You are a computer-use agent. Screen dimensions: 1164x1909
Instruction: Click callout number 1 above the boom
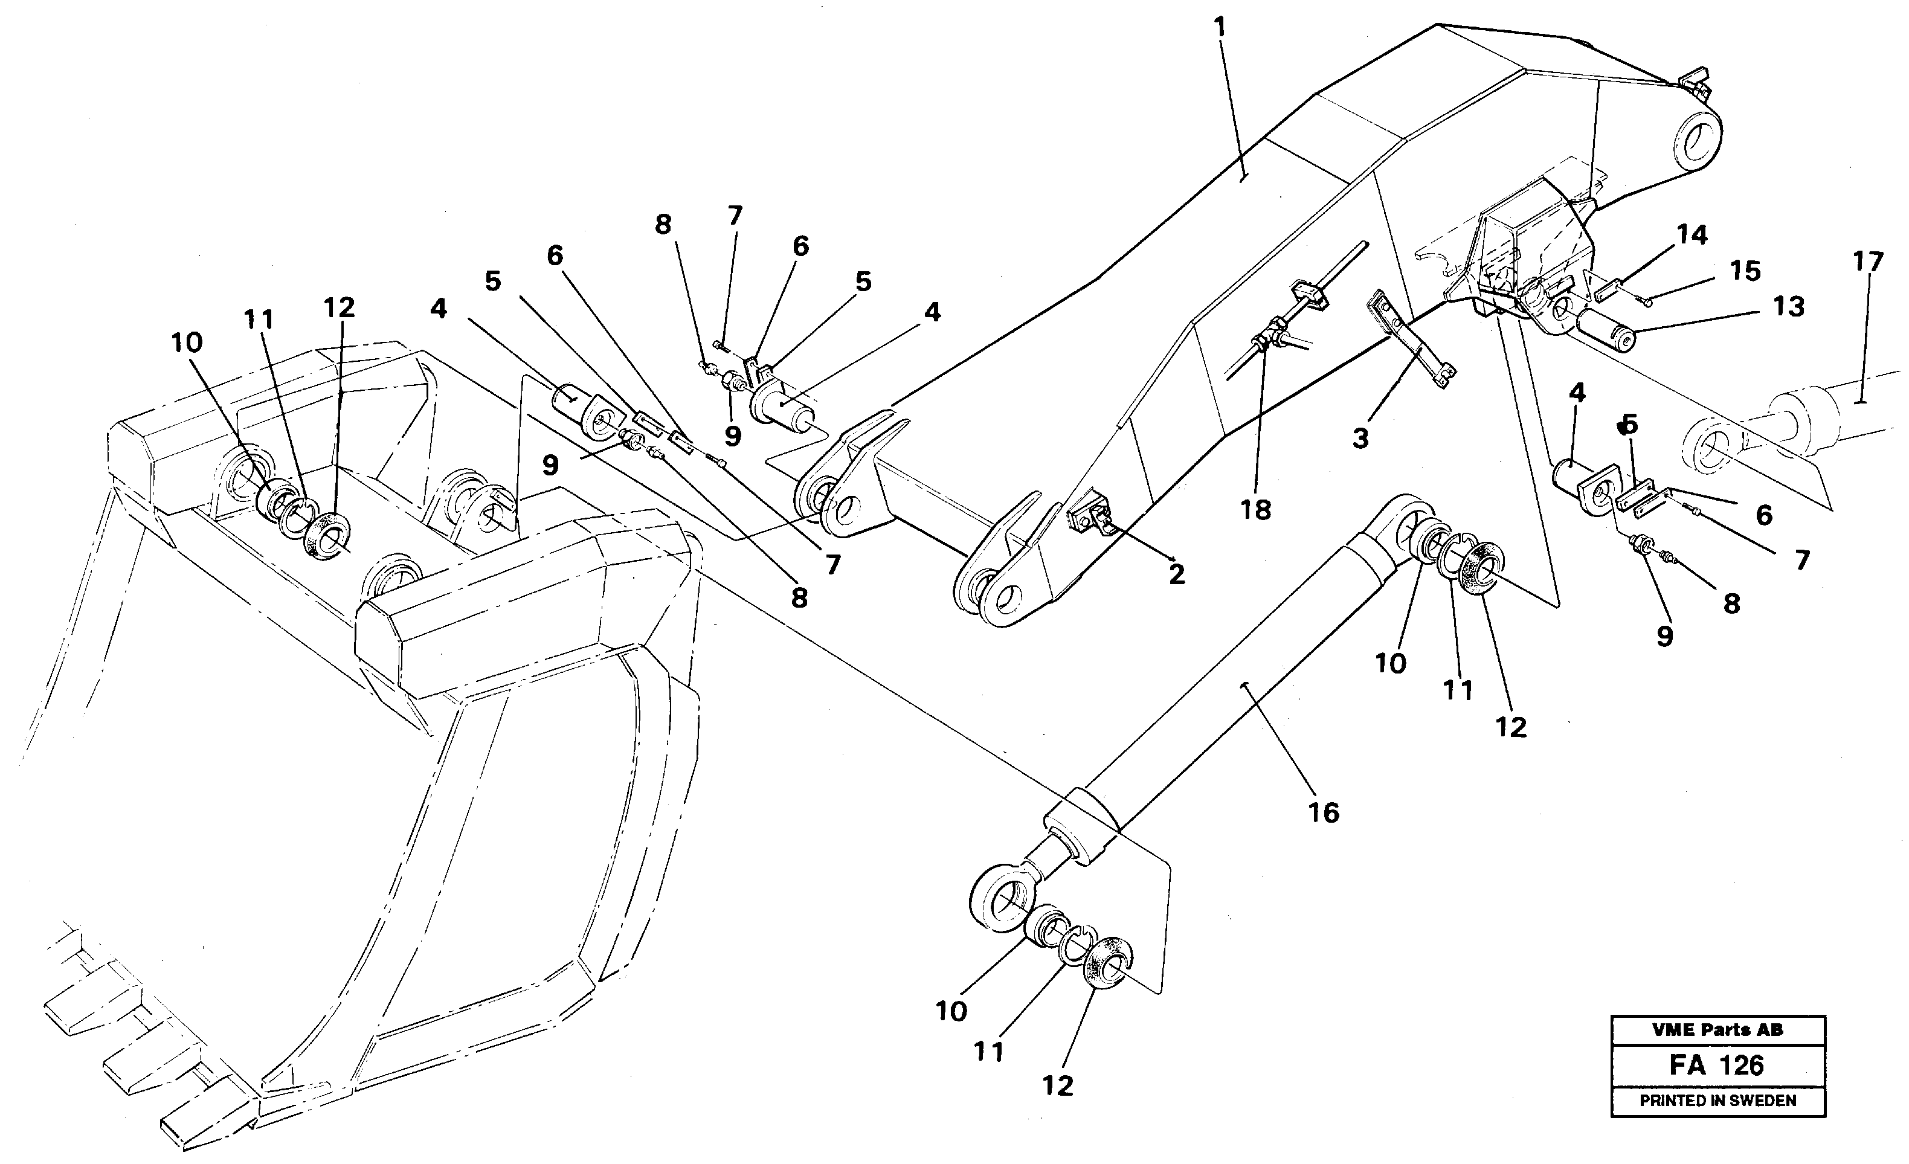click(1220, 28)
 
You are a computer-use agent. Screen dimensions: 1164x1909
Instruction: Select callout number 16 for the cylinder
click(1324, 813)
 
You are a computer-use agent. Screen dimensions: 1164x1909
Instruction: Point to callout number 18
click(1255, 510)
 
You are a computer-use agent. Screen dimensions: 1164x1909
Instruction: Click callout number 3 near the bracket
click(1360, 439)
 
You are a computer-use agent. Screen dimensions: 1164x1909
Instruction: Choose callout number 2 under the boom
click(1176, 574)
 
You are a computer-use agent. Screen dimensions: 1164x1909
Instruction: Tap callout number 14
click(1692, 234)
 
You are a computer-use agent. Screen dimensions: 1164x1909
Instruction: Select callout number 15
click(1745, 271)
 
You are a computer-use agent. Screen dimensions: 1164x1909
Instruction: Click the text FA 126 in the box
click(1717, 1066)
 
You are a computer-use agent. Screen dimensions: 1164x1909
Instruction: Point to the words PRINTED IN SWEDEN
click(1717, 1101)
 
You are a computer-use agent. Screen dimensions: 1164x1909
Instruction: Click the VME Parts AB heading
click(1717, 1030)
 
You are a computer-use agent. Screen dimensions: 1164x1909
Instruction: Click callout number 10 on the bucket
click(187, 343)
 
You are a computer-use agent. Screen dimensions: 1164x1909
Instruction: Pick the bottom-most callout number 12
click(1058, 1086)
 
